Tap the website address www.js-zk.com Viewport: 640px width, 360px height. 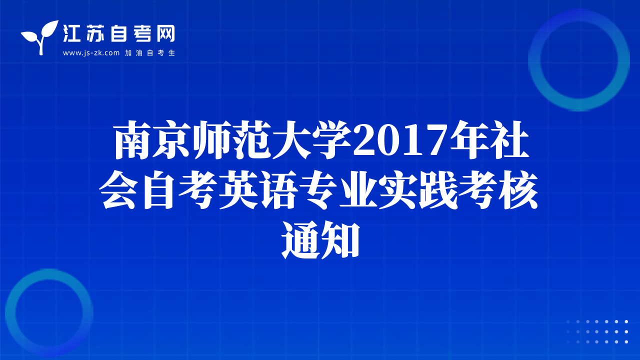point(91,53)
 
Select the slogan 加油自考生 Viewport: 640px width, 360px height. point(150,53)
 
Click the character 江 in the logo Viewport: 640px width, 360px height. point(71,33)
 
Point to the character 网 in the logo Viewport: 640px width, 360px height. point(165,33)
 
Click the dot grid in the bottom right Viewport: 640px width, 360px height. point(597,331)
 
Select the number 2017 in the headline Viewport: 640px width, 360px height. point(399,140)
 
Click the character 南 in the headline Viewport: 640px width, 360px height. point(133,139)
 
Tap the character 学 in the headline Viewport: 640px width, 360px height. point(332,139)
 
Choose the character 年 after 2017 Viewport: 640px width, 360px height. point(468,139)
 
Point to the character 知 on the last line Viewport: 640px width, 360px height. point(340,240)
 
